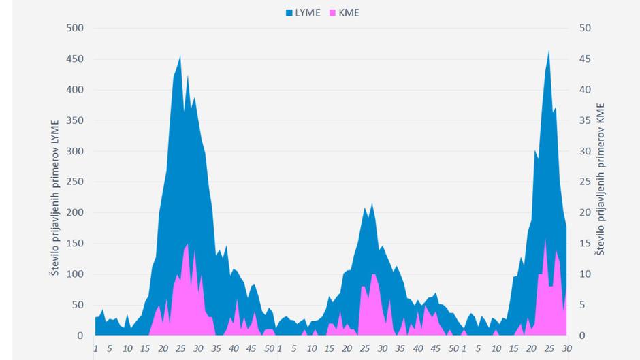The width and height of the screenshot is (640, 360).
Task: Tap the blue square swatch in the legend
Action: click(x=289, y=12)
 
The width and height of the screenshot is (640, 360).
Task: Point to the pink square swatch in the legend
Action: click(x=334, y=12)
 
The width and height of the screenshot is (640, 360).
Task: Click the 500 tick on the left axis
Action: click(x=74, y=28)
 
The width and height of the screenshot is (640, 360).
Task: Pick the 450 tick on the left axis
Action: click(x=74, y=59)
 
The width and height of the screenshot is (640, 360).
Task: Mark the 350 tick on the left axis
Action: click(x=74, y=120)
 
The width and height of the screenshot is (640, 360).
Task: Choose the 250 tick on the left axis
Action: click(x=74, y=182)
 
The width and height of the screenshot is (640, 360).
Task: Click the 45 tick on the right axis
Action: click(x=585, y=59)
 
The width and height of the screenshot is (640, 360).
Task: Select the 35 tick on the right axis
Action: click(x=585, y=120)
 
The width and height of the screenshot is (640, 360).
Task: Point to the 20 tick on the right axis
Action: click(x=585, y=212)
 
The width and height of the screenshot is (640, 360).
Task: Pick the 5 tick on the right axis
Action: click(x=582, y=305)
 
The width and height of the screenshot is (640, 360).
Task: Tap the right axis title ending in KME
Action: click(x=600, y=180)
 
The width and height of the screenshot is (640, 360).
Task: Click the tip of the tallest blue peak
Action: click(x=549, y=50)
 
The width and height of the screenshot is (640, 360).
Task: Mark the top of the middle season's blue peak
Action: click(x=372, y=203)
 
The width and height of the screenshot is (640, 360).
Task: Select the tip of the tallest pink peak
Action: click(x=545, y=238)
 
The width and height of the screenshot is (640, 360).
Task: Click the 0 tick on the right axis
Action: click(x=582, y=336)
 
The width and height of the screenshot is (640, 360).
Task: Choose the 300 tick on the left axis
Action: click(x=74, y=151)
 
